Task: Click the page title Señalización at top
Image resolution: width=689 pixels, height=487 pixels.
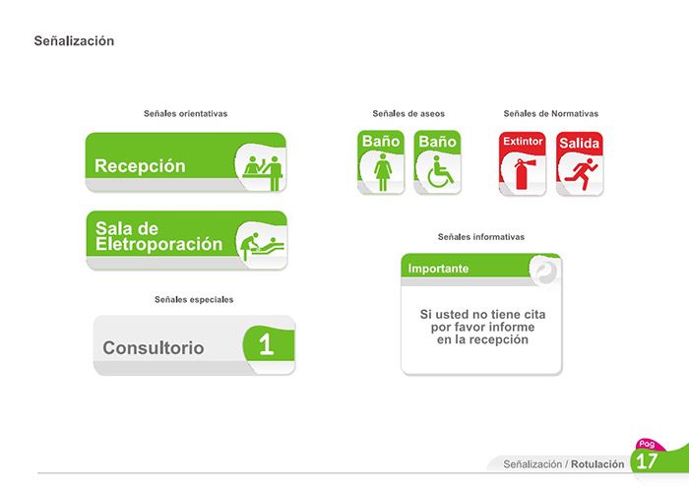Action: click(x=74, y=41)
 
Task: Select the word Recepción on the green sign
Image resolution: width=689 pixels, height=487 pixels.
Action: click(x=140, y=166)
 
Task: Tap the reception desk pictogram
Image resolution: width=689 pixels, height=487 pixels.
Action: click(x=263, y=172)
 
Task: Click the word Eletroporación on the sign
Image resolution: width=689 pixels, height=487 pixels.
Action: click(x=158, y=244)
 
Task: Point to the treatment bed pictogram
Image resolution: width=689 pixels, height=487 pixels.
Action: click(x=262, y=247)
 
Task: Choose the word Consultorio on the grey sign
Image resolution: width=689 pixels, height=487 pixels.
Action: click(x=153, y=348)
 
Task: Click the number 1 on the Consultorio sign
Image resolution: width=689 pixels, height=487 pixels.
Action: click(x=267, y=344)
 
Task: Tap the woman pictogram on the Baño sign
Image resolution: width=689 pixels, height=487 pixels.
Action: click(x=383, y=172)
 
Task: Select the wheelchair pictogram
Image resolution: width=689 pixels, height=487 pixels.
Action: click(x=440, y=172)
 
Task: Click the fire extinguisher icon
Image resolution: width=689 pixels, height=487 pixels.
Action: click(x=524, y=174)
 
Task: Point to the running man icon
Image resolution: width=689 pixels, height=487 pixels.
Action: click(x=581, y=174)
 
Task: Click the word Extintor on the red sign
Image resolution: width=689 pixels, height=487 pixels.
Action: click(x=523, y=141)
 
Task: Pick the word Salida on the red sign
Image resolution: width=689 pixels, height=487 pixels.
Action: click(x=579, y=144)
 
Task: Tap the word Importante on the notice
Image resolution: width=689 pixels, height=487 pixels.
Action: click(x=438, y=269)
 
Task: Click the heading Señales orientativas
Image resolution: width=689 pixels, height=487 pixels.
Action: click(x=185, y=113)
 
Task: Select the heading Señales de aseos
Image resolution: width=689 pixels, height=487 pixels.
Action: click(x=408, y=113)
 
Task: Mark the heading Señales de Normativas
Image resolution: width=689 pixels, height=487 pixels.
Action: click(x=550, y=113)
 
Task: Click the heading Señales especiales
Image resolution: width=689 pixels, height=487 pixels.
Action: click(x=194, y=299)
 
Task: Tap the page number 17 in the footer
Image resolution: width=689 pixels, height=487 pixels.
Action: click(x=647, y=461)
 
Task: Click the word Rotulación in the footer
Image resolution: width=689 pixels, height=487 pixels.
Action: click(x=597, y=464)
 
